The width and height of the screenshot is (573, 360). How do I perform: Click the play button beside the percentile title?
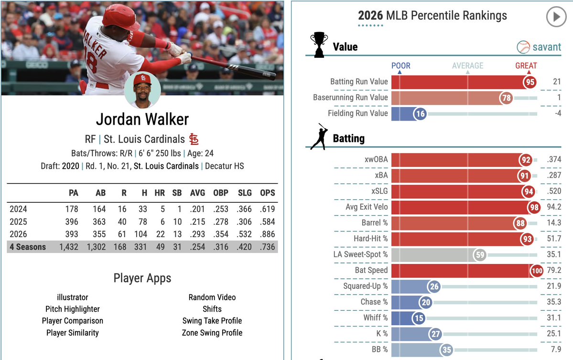(x=556, y=17)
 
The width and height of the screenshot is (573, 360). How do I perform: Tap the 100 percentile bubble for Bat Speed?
(x=537, y=271)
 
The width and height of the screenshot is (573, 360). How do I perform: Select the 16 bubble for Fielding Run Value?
(x=420, y=114)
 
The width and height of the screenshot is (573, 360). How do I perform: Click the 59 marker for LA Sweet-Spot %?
(x=480, y=255)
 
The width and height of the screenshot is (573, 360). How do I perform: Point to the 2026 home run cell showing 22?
(x=161, y=234)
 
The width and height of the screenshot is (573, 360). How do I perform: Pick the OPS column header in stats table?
(x=268, y=193)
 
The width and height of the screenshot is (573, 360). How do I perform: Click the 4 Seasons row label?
(x=28, y=247)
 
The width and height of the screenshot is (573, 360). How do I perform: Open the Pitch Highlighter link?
(x=72, y=309)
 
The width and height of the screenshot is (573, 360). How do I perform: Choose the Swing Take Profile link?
(x=212, y=321)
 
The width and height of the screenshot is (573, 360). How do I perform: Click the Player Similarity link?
(x=72, y=333)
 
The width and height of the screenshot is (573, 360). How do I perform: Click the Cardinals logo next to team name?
(x=194, y=139)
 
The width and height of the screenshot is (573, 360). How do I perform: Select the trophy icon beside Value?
(x=319, y=44)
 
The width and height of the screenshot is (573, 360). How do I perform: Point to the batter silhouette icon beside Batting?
(x=319, y=137)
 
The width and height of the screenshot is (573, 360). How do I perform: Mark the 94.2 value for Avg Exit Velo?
(x=553, y=207)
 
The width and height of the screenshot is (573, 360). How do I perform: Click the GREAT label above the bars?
(x=526, y=66)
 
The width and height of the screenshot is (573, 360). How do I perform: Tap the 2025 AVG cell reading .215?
(x=197, y=222)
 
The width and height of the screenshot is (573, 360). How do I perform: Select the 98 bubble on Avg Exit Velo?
(x=534, y=207)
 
